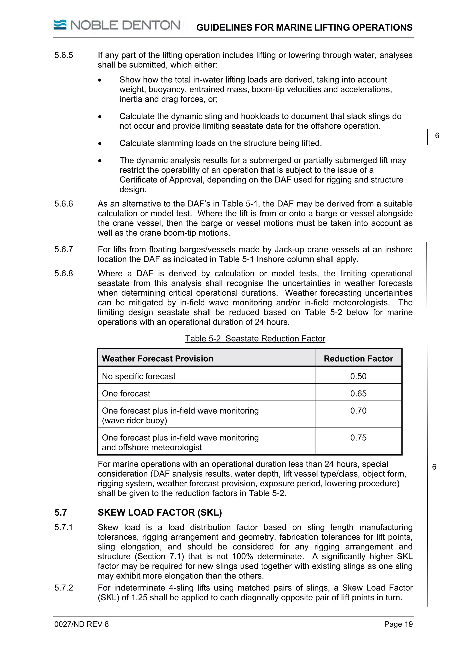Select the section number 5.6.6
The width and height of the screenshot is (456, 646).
[x=64, y=204]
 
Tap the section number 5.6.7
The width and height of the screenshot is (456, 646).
[x=64, y=250]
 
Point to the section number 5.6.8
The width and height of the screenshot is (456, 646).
[x=64, y=274]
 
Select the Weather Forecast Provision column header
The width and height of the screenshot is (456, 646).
[x=157, y=358]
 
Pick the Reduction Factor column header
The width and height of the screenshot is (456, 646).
[x=358, y=358]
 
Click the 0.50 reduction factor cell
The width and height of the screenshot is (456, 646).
[x=358, y=376]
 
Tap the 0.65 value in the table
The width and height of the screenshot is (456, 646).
[x=358, y=393]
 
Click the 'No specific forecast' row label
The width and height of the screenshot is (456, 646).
[x=138, y=376]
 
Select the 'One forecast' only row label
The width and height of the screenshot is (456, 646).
[x=126, y=393]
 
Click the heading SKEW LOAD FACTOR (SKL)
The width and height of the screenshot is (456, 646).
[x=160, y=513]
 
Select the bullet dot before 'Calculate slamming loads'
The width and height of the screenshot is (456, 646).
[x=100, y=144]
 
